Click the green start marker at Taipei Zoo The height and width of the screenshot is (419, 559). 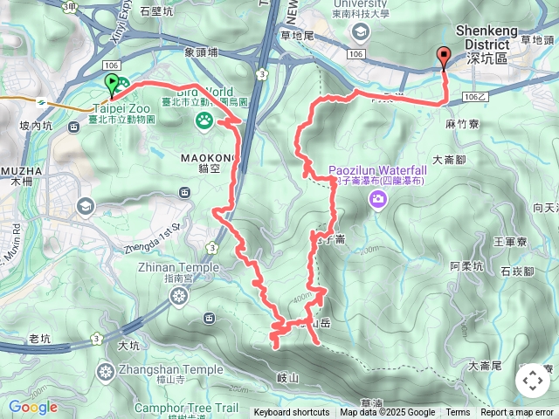click(x=112, y=84)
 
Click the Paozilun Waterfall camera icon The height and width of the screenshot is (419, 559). click(x=377, y=200)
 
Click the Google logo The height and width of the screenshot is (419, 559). click(x=33, y=407)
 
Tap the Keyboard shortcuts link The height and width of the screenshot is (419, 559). click(x=292, y=413)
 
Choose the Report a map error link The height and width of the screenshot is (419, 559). click(x=516, y=413)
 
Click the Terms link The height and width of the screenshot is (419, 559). click(x=458, y=413)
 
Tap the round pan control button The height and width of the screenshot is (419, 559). click(x=532, y=381)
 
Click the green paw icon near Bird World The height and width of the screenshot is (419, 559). click(x=204, y=120)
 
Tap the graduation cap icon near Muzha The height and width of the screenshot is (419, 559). click(x=85, y=206)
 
